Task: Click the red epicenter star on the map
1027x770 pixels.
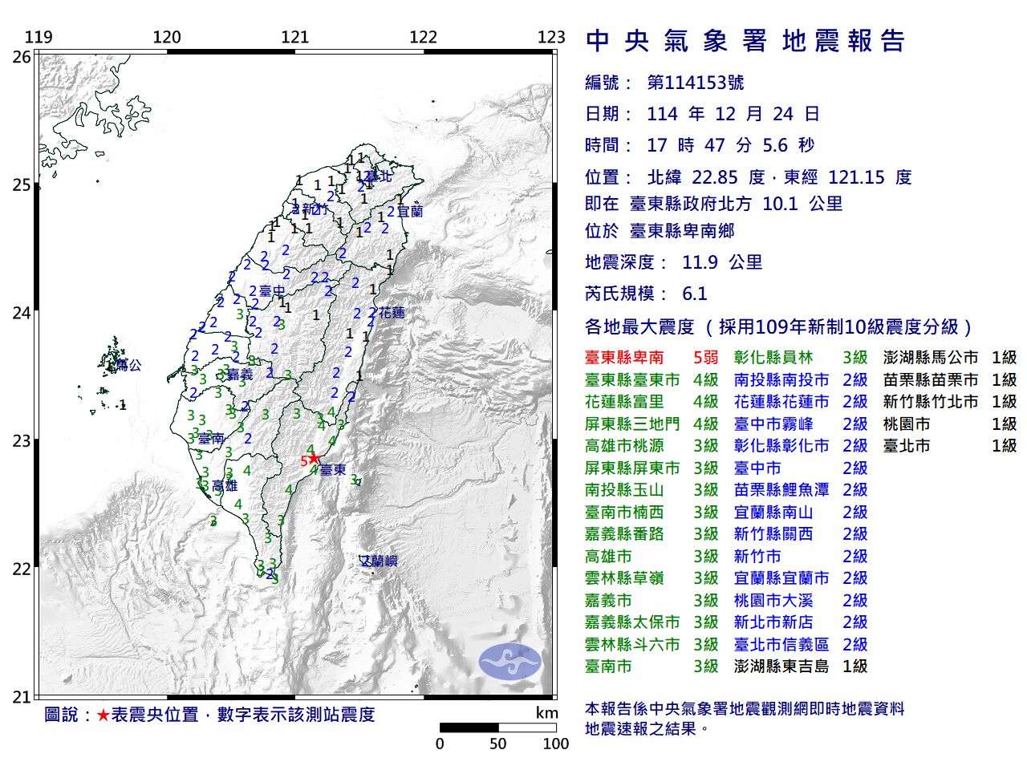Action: tap(314, 459)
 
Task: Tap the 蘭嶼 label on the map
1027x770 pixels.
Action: tap(380, 561)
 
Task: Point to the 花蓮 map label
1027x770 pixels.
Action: tap(392, 313)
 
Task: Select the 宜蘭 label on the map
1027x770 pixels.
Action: tap(409, 212)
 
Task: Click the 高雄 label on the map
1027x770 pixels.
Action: tap(225, 485)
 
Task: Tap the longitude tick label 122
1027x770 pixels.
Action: tap(423, 37)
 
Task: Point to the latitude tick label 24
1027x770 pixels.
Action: tap(22, 313)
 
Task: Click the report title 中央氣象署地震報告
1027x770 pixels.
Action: tap(745, 41)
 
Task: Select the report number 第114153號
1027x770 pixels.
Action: tap(696, 83)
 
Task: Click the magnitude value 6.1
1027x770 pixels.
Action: tap(695, 294)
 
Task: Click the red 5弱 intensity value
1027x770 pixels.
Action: tap(705, 358)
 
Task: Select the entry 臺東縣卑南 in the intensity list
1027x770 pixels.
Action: tap(624, 358)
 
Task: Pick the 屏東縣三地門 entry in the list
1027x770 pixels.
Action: tap(632, 424)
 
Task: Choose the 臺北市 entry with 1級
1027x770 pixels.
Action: tap(907, 446)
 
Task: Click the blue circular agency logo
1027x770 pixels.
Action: tap(510, 663)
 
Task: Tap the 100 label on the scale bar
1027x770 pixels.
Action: tap(555, 744)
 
